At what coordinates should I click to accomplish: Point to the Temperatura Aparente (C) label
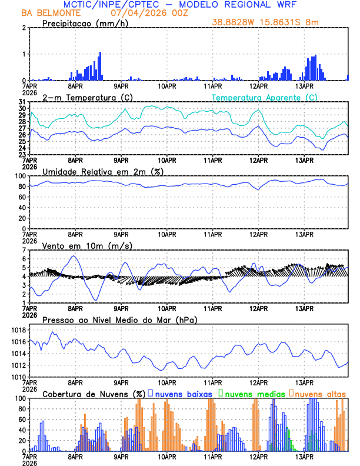(265, 97)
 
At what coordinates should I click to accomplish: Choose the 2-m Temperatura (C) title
(86, 97)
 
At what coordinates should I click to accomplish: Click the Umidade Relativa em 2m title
(103, 171)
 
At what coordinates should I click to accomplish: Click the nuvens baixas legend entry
(182, 394)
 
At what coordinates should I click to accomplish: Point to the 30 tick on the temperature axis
(22, 108)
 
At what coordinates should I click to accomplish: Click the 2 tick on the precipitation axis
(24, 28)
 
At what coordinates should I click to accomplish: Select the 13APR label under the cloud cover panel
(304, 456)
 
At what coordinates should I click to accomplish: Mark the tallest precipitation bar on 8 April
(100, 66)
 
